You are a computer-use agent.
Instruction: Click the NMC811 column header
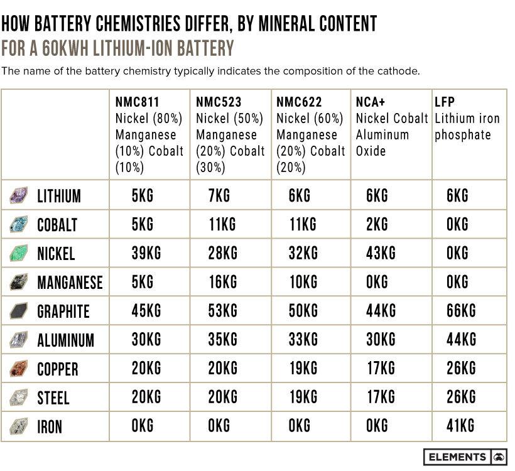tap(138, 102)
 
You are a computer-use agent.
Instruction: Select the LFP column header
tap(445, 102)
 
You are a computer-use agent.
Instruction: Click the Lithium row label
tap(59, 196)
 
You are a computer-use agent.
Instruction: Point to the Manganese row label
tap(70, 283)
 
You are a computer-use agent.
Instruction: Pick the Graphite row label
tap(63, 311)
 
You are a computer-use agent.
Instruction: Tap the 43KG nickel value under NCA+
tap(381, 253)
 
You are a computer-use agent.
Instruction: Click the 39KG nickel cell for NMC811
tap(146, 253)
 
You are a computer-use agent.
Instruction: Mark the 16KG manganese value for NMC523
tap(222, 282)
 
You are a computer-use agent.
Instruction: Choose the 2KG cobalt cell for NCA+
tap(377, 224)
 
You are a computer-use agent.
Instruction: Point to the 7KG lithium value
tap(219, 195)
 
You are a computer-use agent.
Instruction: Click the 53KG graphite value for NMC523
tap(222, 310)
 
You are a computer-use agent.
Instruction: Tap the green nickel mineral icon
tap(19, 254)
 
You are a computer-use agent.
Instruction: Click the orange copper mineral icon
tap(19, 369)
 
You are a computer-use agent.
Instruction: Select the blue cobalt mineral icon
tap(19, 225)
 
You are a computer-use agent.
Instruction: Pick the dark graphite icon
tap(19, 311)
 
